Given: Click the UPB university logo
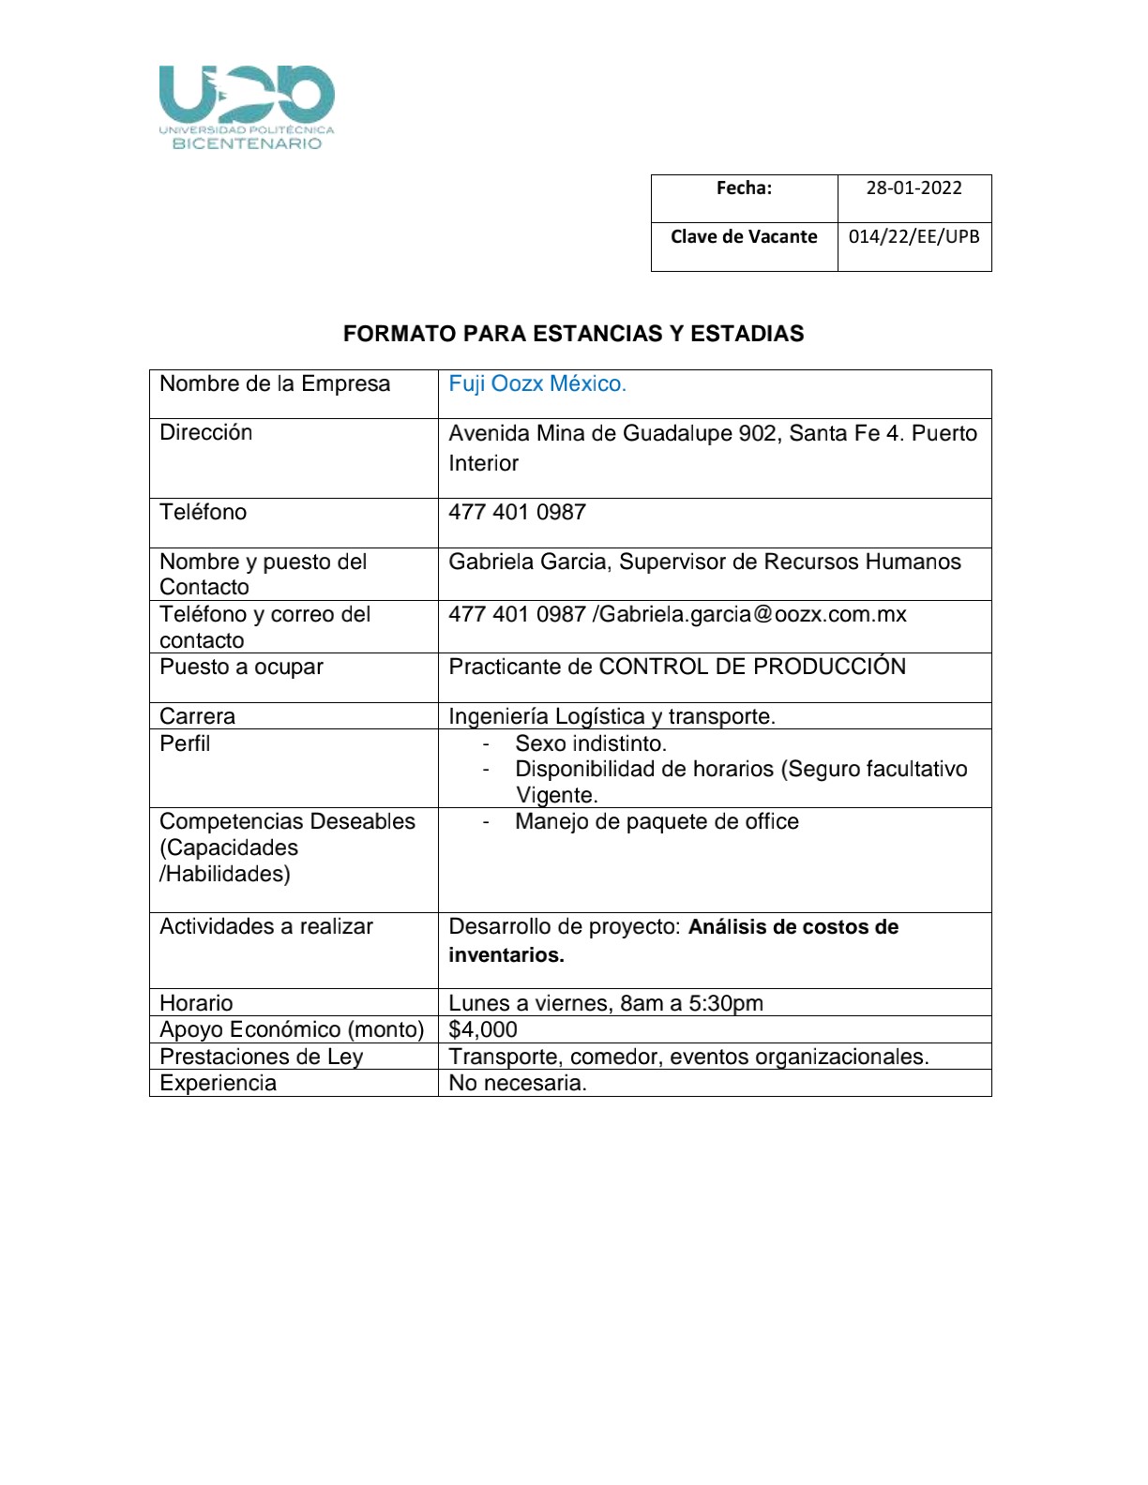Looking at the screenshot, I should (247, 107).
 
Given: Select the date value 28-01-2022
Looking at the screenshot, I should (914, 187).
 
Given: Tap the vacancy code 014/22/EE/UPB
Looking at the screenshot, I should (914, 236).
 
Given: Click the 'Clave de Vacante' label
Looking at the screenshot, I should (744, 236).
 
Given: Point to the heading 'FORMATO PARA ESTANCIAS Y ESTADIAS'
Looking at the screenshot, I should (573, 334).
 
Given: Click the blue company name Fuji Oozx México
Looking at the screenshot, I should (536, 384).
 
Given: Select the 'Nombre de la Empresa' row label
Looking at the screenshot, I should (275, 384).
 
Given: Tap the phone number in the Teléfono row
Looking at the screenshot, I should (517, 513).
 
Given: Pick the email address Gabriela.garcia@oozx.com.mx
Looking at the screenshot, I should (753, 615).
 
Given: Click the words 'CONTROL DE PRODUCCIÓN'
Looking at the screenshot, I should (752, 667).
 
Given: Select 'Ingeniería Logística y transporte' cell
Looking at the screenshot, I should (612, 717).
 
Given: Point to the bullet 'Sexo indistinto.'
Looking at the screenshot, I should (591, 744).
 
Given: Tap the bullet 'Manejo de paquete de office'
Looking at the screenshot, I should (657, 822).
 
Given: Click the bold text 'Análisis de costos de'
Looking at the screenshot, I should (793, 927).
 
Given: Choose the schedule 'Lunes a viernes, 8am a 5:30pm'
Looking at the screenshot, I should (606, 1003).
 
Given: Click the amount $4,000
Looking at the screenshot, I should (483, 1029).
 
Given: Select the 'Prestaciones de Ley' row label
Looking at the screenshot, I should (261, 1057).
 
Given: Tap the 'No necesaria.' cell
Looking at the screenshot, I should (518, 1083).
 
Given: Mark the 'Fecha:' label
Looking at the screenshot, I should (744, 187).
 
